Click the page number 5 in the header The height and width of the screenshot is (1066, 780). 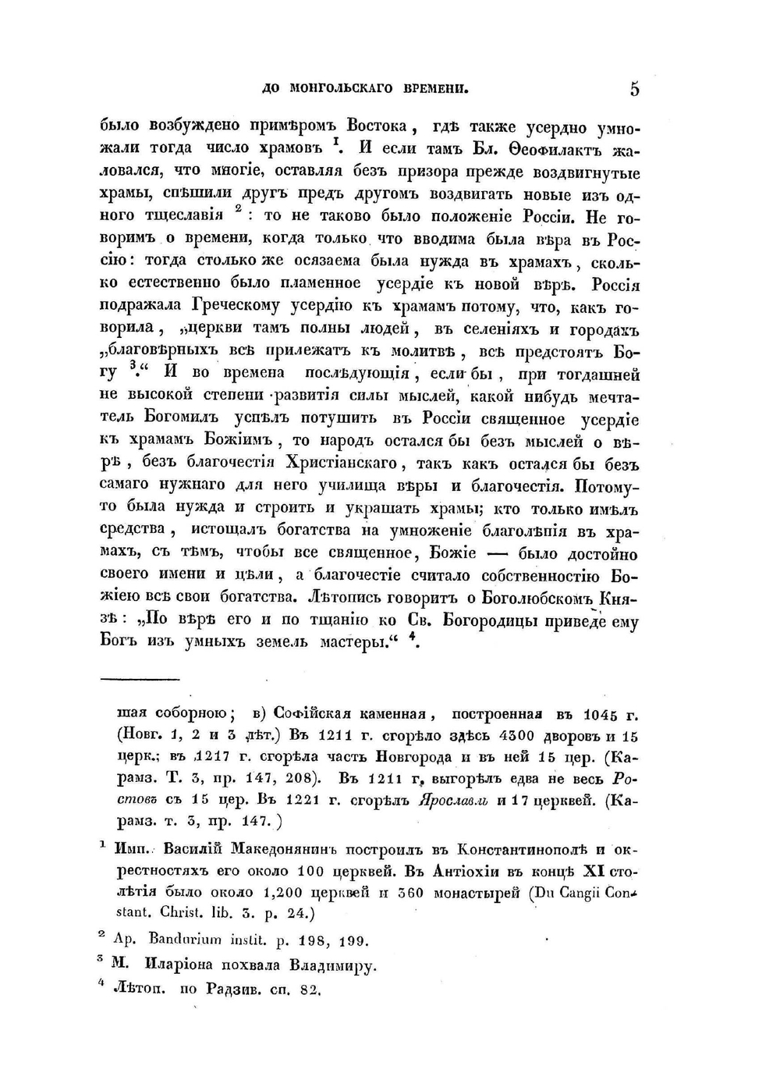pos(634,89)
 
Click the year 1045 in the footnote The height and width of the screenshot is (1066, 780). pos(601,714)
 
